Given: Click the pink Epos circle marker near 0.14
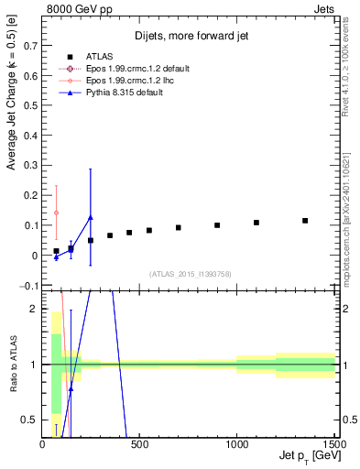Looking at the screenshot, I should point(57,213).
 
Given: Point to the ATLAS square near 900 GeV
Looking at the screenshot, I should point(217,225).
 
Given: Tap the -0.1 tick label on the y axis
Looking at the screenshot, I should point(29,286).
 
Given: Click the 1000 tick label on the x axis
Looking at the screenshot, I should point(236,446).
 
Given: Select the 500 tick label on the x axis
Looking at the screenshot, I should point(139,446).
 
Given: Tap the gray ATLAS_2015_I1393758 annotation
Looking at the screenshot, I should point(189,273).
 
